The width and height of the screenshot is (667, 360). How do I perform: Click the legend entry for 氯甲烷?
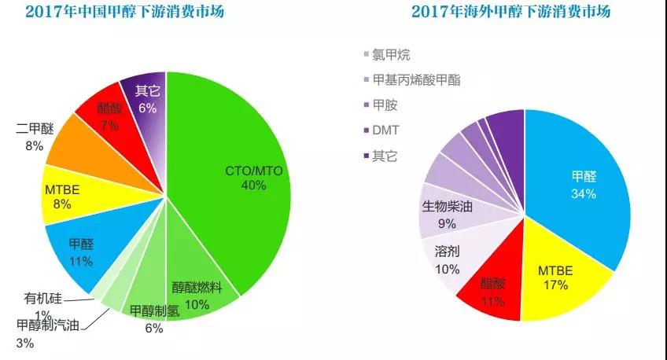tap(386, 55)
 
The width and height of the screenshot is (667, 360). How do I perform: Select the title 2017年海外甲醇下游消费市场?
tap(510, 12)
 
